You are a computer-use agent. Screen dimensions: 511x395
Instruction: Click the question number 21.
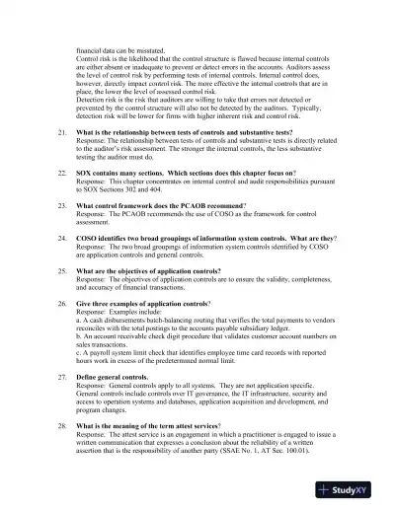62,131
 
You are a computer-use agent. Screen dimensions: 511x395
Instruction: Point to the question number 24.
62,238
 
